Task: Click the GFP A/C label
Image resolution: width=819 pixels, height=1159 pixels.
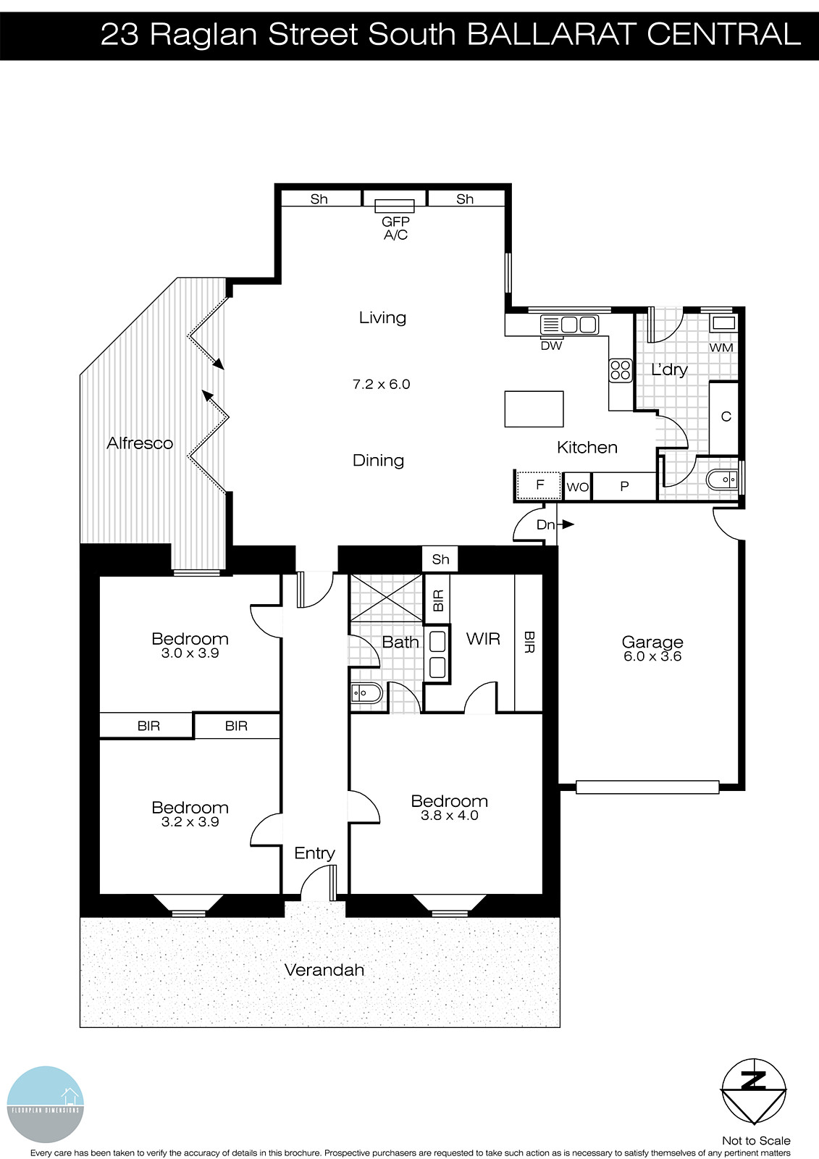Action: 395,228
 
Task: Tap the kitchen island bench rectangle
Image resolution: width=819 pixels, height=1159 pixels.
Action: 534,409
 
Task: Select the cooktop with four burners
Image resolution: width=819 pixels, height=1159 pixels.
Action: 621,370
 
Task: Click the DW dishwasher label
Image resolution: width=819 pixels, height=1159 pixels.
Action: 551,346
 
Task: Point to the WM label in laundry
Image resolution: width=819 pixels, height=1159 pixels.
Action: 721,348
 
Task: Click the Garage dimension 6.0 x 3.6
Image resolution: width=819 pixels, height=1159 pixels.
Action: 652,657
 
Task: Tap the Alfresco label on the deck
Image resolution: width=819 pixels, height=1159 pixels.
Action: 140,443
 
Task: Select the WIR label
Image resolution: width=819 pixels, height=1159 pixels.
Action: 483,639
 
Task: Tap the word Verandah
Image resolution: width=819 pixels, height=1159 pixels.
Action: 324,970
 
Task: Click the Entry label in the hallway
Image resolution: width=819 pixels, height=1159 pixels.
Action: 314,853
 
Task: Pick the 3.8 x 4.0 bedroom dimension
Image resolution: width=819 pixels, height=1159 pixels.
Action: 449,816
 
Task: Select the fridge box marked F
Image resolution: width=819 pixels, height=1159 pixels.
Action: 539,485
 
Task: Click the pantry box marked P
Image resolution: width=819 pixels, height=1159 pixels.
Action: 624,487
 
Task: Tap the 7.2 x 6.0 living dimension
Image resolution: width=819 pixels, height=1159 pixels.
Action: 381,385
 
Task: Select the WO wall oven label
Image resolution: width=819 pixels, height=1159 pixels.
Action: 577,487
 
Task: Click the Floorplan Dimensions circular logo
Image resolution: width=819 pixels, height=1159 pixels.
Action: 46,1105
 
